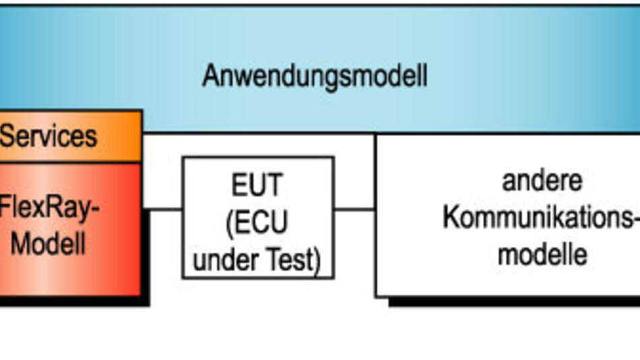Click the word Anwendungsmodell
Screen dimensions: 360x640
315,76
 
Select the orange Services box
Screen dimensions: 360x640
70,137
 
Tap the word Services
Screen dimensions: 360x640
49,137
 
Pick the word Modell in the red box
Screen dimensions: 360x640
49,243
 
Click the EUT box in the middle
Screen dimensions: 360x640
258,217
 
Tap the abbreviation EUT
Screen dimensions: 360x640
257,185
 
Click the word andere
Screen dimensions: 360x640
542,181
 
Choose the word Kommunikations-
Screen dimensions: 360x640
539,218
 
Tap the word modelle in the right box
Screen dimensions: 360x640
542,255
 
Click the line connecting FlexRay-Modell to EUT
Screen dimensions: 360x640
163,209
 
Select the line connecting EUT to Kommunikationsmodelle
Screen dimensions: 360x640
354,209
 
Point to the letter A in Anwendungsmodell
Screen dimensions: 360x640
212,76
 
